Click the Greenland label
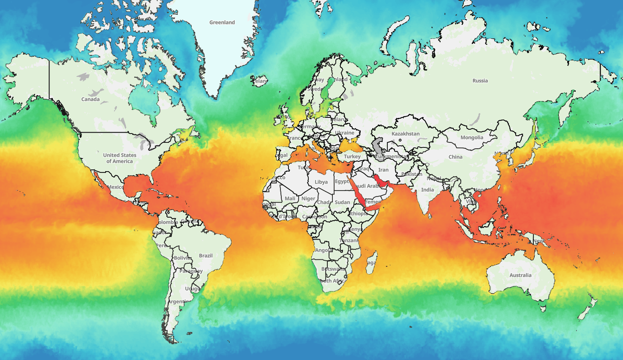pos(222,22)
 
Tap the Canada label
pos(90,99)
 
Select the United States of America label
pos(120,158)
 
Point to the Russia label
pos(480,81)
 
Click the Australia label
pos(520,275)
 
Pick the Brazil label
pos(206,256)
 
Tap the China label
pos(455,157)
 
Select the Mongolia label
pos(472,137)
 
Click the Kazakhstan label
pos(405,134)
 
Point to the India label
pos(427,190)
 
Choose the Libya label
pos(321,182)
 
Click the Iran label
pos(383,170)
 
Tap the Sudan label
pos(342,202)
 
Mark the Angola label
pos(324,250)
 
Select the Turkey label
pos(352,156)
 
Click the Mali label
pos(290,198)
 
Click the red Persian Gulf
pos(379,180)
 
